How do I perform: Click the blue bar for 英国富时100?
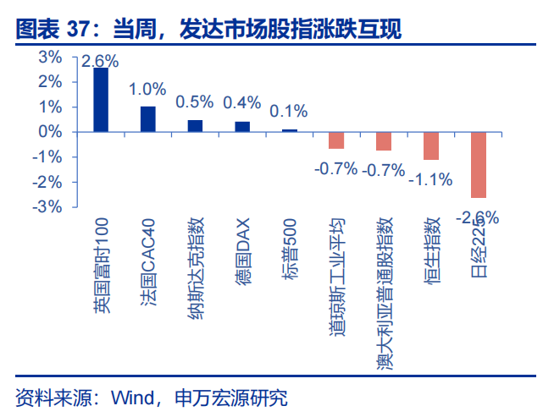pos(101,100)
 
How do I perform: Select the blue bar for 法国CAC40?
pos(148,119)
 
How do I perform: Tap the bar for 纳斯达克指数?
pos(195,126)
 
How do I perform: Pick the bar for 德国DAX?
pos(242,127)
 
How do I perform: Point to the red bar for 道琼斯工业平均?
pos(336,140)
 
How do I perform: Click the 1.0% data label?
pos(147,89)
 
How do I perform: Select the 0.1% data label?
pos(289,111)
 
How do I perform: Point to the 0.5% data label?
pos(195,102)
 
